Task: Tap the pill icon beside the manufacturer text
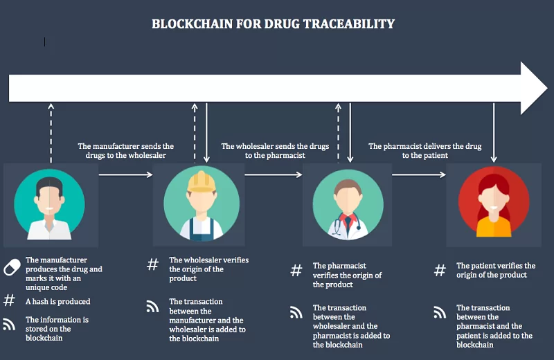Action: click(12, 267)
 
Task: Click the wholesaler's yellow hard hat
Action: click(202, 181)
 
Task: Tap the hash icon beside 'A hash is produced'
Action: click(9, 300)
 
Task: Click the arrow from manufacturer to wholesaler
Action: click(126, 174)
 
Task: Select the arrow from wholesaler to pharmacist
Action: click(274, 174)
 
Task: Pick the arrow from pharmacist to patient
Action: click(419, 174)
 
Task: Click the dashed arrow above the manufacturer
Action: click(51, 133)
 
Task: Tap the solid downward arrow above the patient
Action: click(494, 133)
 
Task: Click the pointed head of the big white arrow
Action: click(547, 88)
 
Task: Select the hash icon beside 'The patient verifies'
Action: click(440, 271)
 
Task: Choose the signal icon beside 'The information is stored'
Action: click(9, 324)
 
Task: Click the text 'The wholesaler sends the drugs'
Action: click(275, 146)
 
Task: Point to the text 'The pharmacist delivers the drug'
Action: click(425, 146)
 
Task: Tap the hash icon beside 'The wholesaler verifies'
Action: click(152, 264)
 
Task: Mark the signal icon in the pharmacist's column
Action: click(296, 312)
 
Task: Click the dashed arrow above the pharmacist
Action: click(338, 133)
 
